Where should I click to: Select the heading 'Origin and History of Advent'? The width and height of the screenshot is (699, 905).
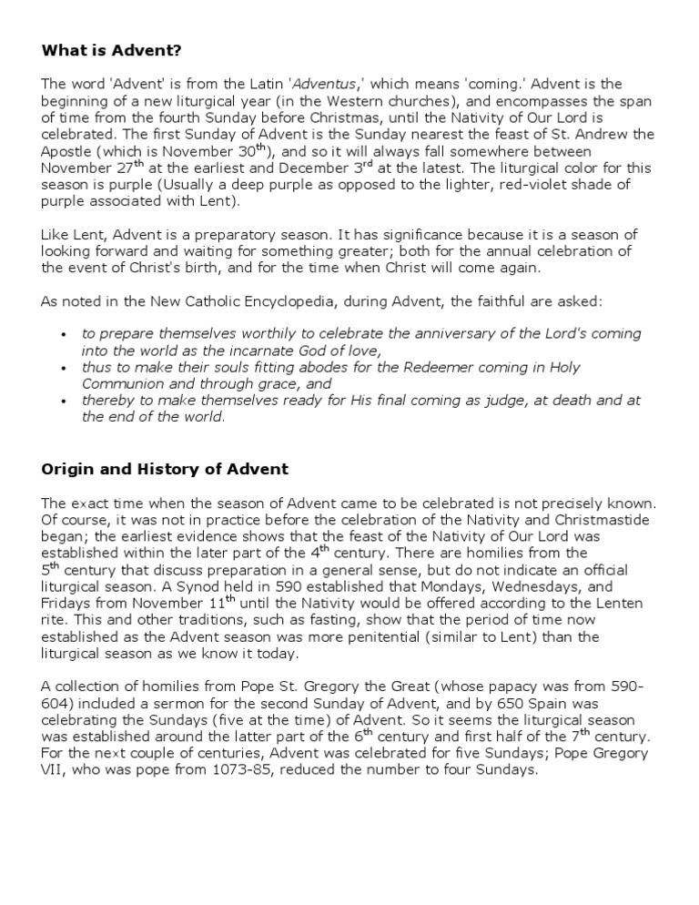click(x=165, y=469)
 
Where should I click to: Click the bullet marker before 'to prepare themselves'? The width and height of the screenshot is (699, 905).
click(x=63, y=335)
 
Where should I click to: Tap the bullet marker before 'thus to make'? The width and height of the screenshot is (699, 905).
click(x=63, y=368)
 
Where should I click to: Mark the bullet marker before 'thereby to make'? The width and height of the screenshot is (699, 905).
click(x=63, y=402)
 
